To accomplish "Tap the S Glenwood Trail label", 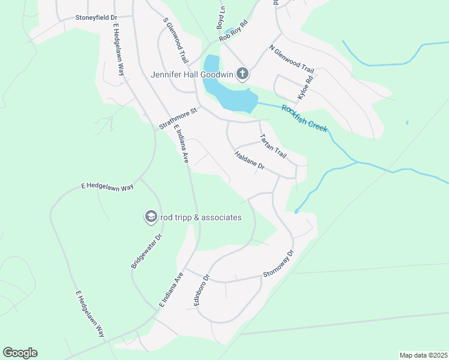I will pyautogui.click(x=176, y=40).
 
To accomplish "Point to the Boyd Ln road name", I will pyautogui.click(x=220, y=19).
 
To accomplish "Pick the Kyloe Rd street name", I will pyautogui.click(x=306, y=88).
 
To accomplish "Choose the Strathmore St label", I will pyautogui.click(x=178, y=119).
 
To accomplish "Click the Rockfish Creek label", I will pyautogui.click(x=305, y=118).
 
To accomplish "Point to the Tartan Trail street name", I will pyautogui.click(x=273, y=145).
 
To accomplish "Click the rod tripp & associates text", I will pyautogui.click(x=201, y=217).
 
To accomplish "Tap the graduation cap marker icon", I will pyautogui.click(x=151, y=217).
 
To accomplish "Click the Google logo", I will pyautogui.click(x=20, y=353).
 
